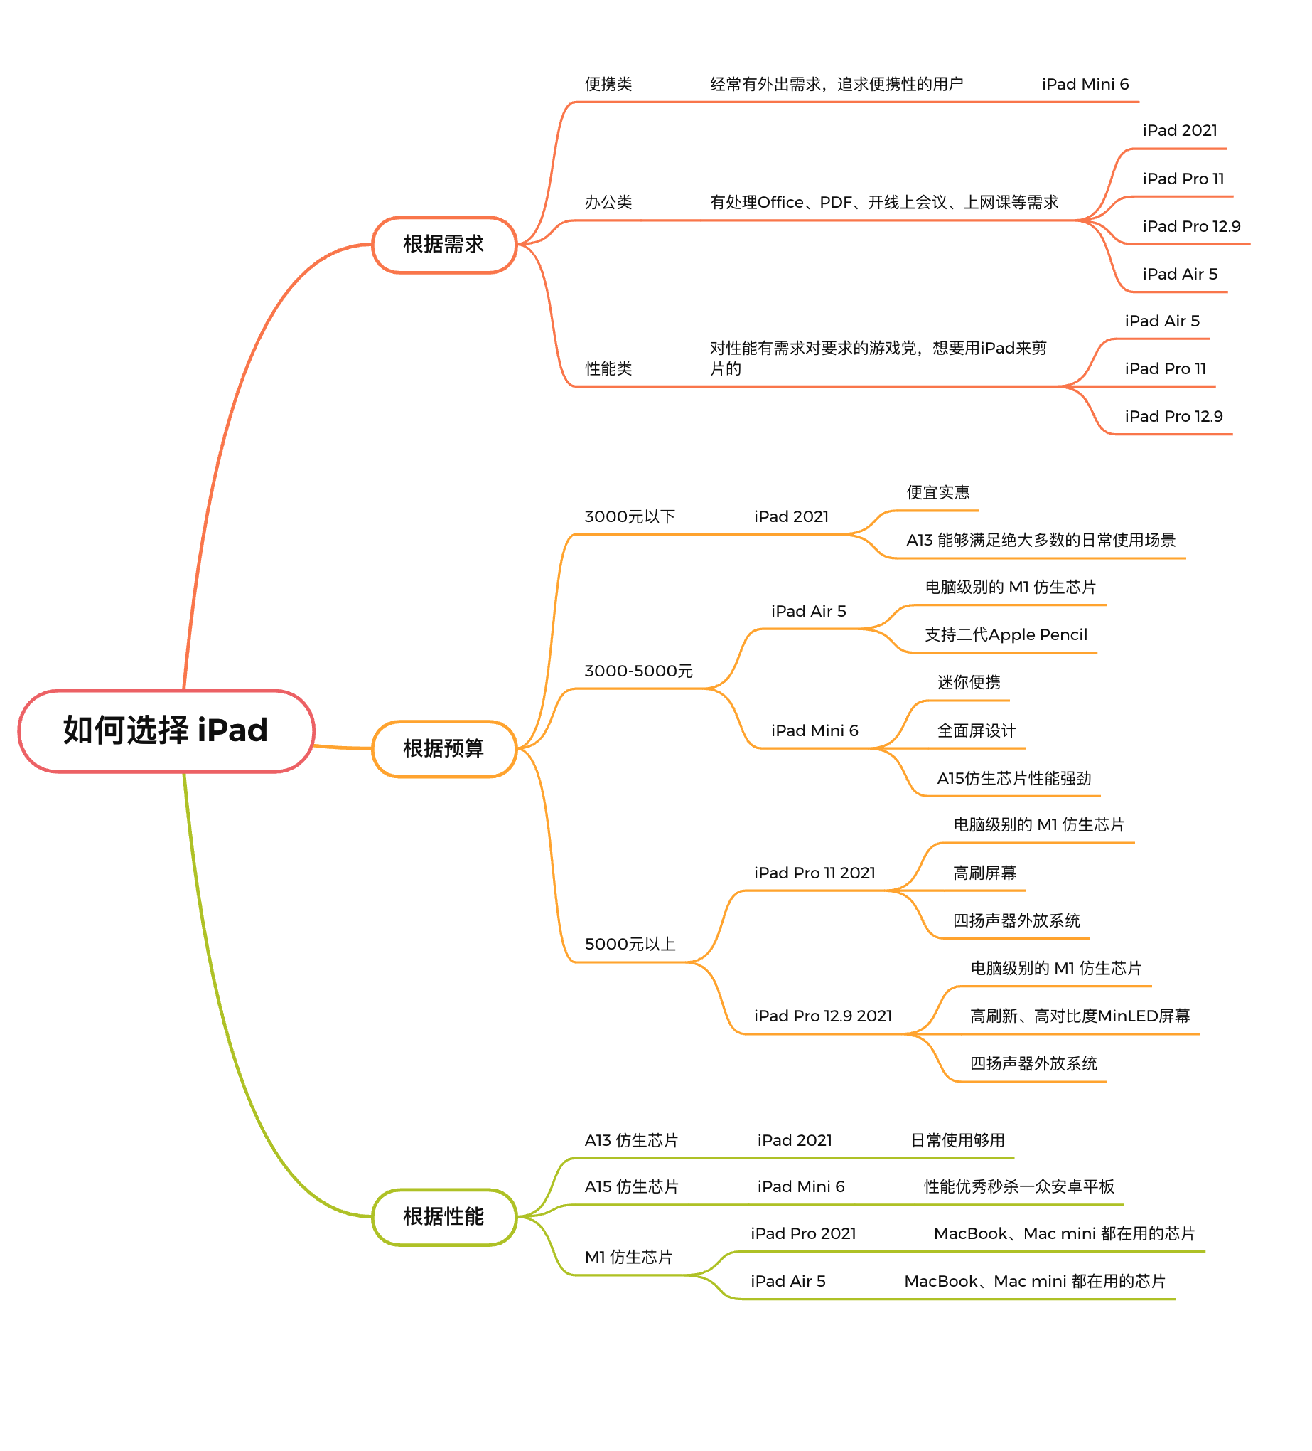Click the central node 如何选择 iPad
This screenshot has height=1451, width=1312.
pos(166,730)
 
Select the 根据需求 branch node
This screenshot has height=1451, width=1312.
pos(443,245)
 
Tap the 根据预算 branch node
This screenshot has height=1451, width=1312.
pos(443,748)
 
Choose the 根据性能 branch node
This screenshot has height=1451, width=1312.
pos(443,1216)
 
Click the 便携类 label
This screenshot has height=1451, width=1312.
pos(608,84)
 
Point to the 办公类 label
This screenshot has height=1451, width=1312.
pos(608,202)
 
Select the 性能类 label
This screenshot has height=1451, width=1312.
pos(608,368)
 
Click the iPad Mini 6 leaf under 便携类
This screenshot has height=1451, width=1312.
pos(1085,84)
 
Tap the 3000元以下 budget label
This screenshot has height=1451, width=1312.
pos(630,516)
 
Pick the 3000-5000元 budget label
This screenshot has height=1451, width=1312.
pos(638,671)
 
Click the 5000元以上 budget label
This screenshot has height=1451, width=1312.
pos(630,944)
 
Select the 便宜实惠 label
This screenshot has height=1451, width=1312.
pos(937,492)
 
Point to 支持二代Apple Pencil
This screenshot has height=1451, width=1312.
pos(1006,634)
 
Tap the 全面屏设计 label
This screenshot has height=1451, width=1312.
pos(976,730)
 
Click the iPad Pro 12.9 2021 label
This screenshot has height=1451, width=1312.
pos(822,1016)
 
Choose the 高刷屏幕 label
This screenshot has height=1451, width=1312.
pos(984,873)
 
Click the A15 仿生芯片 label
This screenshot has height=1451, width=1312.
pos(631,1186)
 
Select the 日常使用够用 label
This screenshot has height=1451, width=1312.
pos(957,1140)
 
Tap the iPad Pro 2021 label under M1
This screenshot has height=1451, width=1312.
pos(802,1233)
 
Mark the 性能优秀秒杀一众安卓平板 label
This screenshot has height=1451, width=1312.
pos(1018,1186)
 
